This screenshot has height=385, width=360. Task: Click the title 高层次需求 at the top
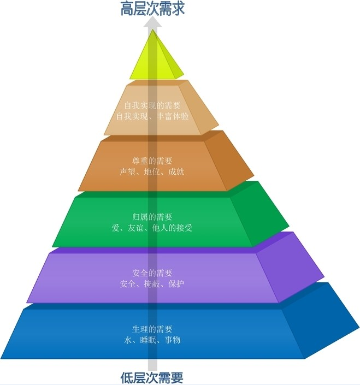click(152, 8)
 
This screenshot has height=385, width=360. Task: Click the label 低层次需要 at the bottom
click(152, 378)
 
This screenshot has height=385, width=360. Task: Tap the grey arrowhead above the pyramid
click(152, 23)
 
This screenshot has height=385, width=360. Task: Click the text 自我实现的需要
click(152, 105)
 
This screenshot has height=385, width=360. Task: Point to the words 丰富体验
click(173, 116)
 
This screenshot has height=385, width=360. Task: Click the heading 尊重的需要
click(152, 161)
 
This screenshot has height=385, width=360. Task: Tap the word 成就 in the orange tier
click(176, 171)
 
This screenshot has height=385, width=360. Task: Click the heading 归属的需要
click(152, 217)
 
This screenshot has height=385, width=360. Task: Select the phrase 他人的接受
click(172, 228)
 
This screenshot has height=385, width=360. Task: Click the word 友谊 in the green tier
click(135, 228)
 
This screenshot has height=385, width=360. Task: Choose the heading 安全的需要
click(152, 273)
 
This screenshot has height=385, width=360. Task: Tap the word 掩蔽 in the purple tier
click(152, 284)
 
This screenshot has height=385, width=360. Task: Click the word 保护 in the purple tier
click(176, 284)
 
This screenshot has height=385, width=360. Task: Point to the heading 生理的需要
click(152, 329)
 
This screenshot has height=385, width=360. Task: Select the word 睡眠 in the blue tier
click(148, 340)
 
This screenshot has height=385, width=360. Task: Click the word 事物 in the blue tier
click(173, 340)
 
